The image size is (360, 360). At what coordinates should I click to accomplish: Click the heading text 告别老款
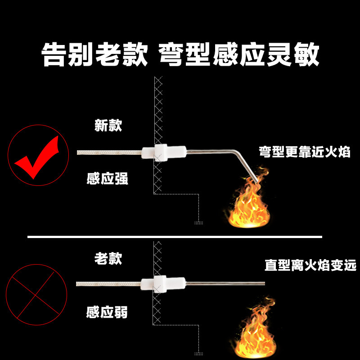(x=94, y=55)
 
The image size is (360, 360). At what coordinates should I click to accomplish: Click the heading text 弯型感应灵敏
(x=239, y=55)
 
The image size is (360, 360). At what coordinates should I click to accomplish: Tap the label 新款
(x=108, y=125)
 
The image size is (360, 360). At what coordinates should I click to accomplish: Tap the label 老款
(x=108, y=258)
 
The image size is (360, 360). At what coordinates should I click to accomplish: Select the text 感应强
(x=108, y=179)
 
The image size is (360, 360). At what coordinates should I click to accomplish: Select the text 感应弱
(x=108, y=312)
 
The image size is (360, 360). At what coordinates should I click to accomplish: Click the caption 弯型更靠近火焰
(x=304, y=151)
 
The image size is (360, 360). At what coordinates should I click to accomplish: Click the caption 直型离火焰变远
(x=310, y=265)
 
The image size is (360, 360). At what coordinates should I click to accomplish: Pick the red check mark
(x=38, y=155)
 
